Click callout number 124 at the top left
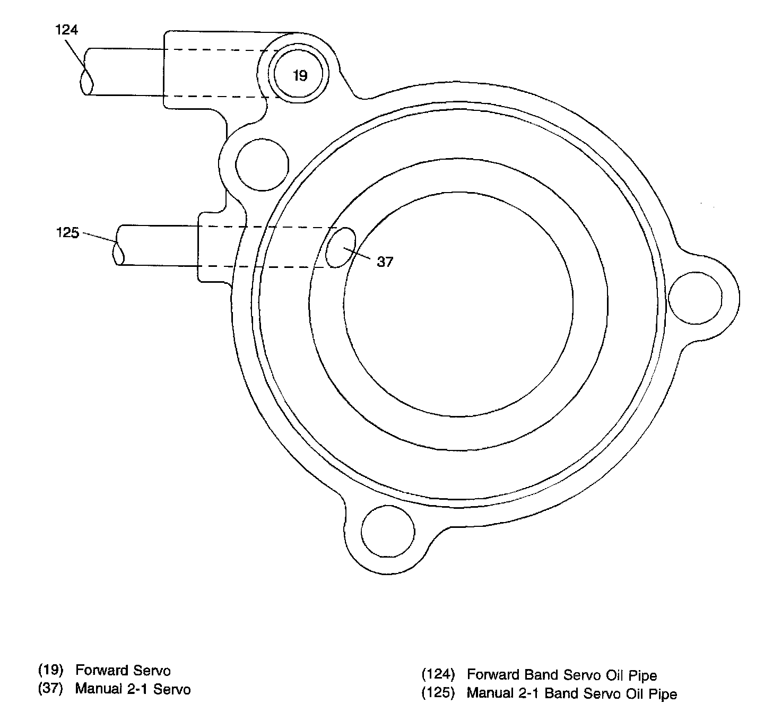(x=66, y=30)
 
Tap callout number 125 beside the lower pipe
(x=67, y=232)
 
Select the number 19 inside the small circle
(x=300, y=76)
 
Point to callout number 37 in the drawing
(x=385, y=262)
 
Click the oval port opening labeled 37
(x=340, y=247)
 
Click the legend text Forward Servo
(x=123, y=671)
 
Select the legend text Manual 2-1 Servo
(x=133, y=689)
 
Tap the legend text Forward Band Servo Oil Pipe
(x=561, y=675)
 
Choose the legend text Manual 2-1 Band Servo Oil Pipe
(x=571, y=693)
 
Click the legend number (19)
(x=51, y=670)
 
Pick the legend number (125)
(x=438, y=693)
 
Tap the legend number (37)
(x=51, y=689)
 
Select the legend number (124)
(x=438, y=675)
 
